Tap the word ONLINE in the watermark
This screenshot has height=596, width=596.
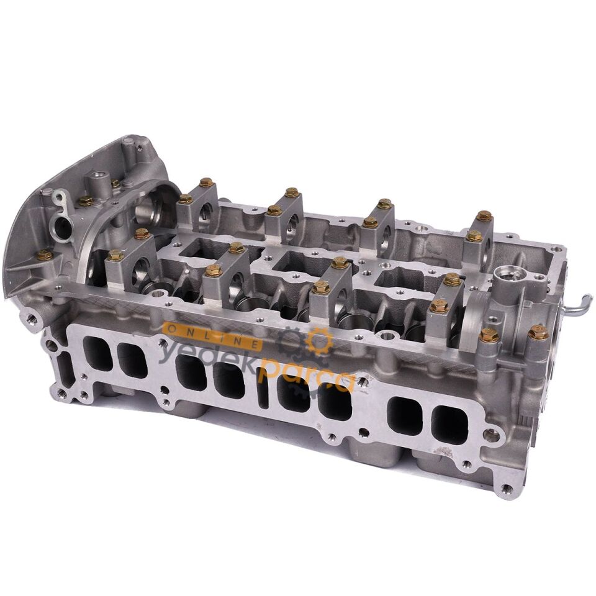(x=211, y=332)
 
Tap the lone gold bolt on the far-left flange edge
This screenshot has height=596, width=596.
(x=44, y=255)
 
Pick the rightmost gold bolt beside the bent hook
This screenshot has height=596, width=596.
(x=538, y=333)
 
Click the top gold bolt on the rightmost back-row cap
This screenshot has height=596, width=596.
(x=484, y=216)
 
